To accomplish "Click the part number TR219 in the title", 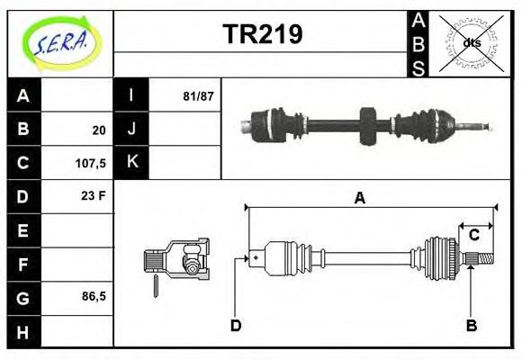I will (262, 34).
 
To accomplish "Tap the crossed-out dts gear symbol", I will (471, 42).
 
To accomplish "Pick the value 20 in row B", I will (99, 130).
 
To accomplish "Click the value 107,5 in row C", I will (94, 165).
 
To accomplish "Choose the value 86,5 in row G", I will (94, 295).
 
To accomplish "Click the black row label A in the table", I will (23, 95).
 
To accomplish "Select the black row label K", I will (131, 162).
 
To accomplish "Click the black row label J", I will (131, 129).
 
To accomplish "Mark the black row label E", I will (23, 230).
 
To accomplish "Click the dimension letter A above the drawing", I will (359, 199).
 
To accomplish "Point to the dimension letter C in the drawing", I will (473, 236).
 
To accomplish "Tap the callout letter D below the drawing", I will (236, 324).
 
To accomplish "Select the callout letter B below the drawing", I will (471, 324).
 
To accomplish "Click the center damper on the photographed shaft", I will (366, 125).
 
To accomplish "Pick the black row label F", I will (23, 265).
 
